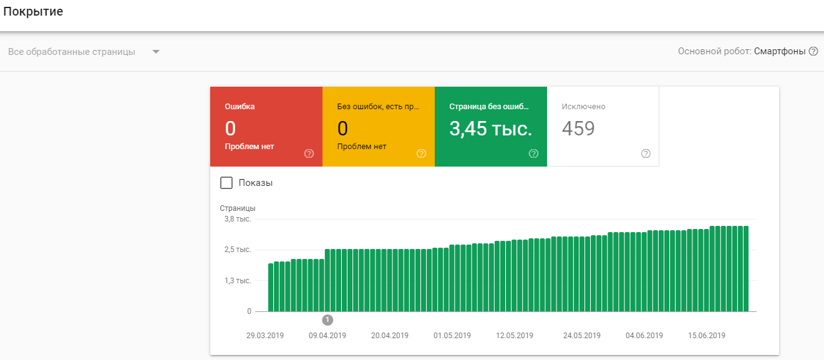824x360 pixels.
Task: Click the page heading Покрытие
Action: click(x=33, y=12)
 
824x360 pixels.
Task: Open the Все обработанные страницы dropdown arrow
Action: click(x=156, y=52)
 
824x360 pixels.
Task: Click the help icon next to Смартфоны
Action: click(x=813, y=51)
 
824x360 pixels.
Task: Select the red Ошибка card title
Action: click(x=240, y=107)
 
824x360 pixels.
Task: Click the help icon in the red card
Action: click(x=309, y=153)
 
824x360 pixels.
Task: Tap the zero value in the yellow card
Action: click(x=342, y=129)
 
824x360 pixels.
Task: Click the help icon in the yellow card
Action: click(x=421, y=153)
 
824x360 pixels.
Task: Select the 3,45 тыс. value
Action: click(x=491, y=129)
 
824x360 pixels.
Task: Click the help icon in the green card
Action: click(x=533, y=153)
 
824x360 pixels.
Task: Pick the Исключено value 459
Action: click(x=578, y=129)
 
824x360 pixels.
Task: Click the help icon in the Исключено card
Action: click(x=646, y=153)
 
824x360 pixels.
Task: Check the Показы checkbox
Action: click(x=226, y=183)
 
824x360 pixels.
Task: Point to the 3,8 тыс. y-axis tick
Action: click(x=238, y=219)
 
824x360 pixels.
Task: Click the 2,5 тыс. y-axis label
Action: click(x=238, y=250)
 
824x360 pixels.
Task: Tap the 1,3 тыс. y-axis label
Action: click(x=238, y=281)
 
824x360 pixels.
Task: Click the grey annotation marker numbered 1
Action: click(x=327, y=320)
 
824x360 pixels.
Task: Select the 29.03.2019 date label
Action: click(x=265, y=335)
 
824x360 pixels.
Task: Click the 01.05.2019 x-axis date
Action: click(x=452, y=335)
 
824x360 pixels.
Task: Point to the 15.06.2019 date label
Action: click(x=707, y=335)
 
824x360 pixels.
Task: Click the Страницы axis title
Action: click(x=238, y=208)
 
